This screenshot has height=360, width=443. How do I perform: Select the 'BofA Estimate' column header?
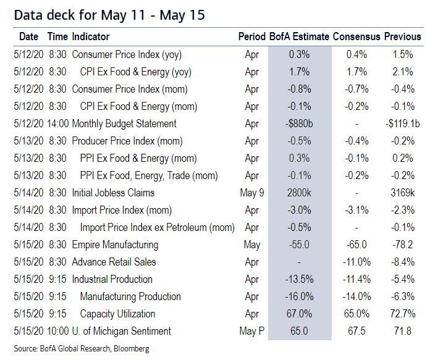click(x=299, y=36)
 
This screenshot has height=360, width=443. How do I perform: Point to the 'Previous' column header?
click(x=402, y=36)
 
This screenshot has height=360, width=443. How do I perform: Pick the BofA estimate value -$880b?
click(x=299, y=123)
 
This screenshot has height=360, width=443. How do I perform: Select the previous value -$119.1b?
click(x=402, y=123)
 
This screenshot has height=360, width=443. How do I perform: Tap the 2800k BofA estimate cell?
click(x=299, y=193)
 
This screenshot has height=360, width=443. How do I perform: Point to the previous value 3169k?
click(x=402, y=193)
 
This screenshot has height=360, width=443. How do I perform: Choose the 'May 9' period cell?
click(x=251, y=193)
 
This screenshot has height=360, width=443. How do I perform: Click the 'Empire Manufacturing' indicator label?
click(x=115, y=245)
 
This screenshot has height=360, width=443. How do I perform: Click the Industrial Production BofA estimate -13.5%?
click(x=299, y=279)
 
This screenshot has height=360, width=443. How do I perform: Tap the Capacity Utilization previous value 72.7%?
click(x=402, y=314)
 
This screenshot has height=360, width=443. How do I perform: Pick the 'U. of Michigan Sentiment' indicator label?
click(x=121, y=331)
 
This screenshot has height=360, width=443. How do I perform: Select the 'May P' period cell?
click(x=251, y=331)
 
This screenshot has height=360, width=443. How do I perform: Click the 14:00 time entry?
click(x=57, y=123)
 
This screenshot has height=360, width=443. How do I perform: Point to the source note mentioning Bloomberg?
click(x=82, y=349)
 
